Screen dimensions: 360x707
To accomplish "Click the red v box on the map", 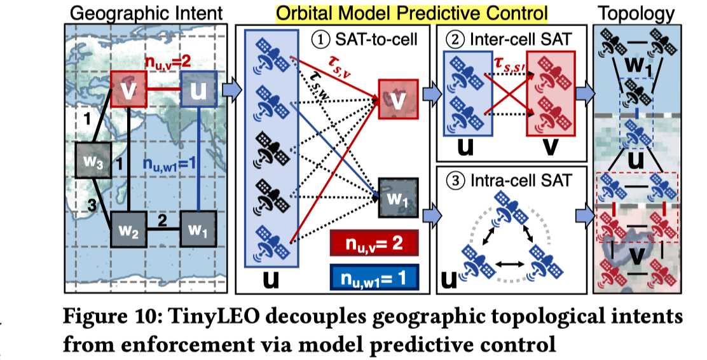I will point(128,88).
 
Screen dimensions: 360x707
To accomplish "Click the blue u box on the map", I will point(199,88).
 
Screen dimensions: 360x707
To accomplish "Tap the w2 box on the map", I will point(129,228).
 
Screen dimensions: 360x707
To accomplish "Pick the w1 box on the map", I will point(198,228).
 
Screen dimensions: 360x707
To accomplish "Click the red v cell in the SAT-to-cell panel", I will point(398,100).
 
